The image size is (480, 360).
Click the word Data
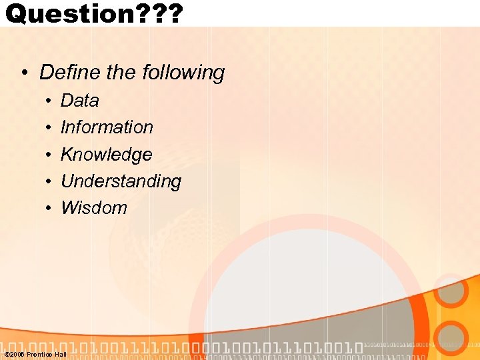click(79, 101)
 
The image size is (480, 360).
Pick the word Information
click(107, 127)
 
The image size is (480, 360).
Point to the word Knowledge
click(106, 155)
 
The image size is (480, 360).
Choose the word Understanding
click(121, 181)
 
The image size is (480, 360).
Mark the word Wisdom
click(93, 208)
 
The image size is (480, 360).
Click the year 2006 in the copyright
click(17, 355)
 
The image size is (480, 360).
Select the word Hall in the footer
click(60, 355)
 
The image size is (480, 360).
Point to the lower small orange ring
click(454, 338)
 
